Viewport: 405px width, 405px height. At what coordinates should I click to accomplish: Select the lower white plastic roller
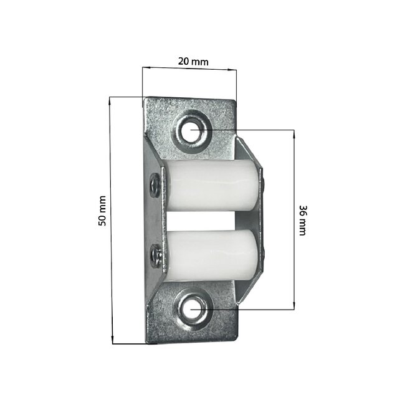tap(211, 255)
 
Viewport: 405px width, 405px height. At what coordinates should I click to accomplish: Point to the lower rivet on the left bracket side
tap(155, 254)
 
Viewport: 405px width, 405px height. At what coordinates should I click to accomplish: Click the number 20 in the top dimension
tap(183, 61)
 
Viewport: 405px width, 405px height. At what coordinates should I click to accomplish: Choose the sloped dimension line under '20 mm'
tap(190, 69)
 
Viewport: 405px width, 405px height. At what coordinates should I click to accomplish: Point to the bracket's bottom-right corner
tap(239, 340)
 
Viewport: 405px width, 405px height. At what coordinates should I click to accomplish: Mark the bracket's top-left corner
tap(145, 98)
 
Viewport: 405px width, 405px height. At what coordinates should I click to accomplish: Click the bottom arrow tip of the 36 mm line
tap(293, 308)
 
